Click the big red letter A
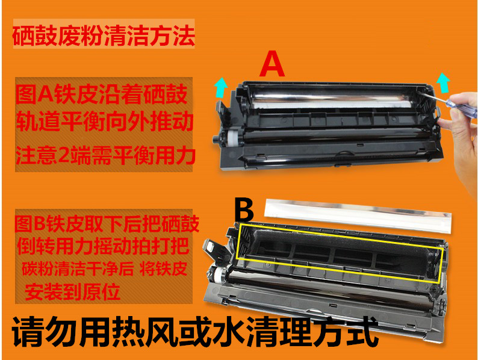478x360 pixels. [273, 65]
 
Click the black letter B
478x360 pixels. [246, 211]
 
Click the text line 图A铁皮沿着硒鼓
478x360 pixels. [102, 94]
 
